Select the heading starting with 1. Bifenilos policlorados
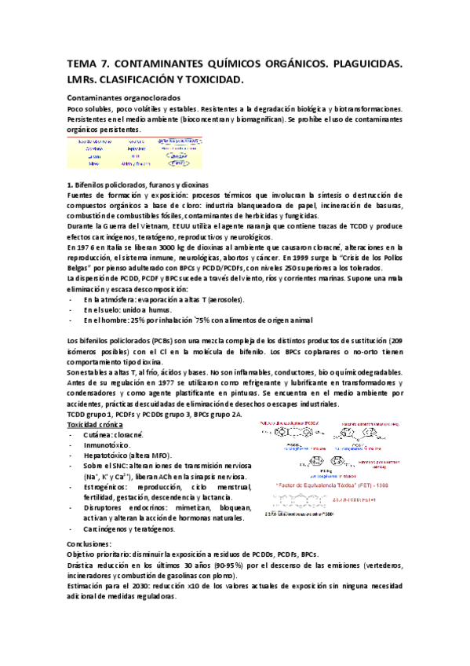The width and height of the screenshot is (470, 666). click(138, 184)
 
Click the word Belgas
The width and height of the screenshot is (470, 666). click(82, 268)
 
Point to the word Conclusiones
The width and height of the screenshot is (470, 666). click(90, 543)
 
